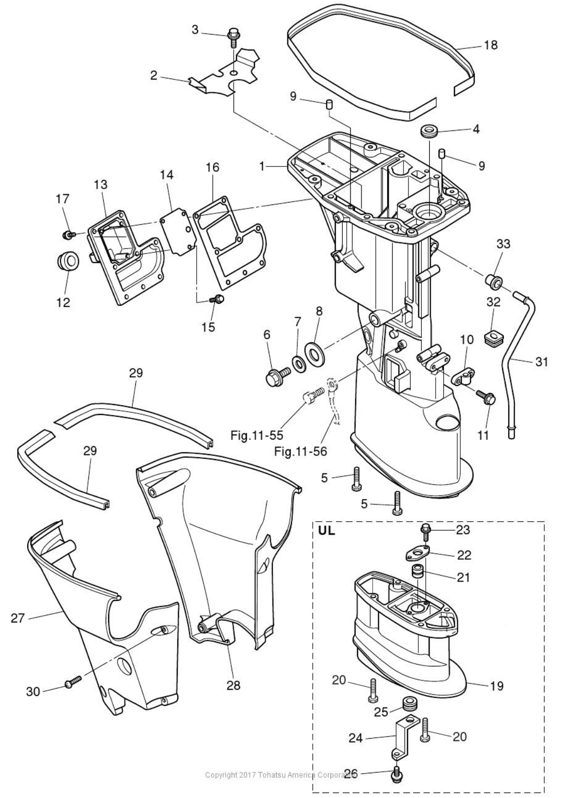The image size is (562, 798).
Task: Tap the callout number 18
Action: click(490, 45)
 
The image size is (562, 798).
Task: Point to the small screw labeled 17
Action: click(67, 234)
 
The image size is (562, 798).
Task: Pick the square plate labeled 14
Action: click(177, 234)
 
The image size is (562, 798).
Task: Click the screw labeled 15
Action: click(218, 298)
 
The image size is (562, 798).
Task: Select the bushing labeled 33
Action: click(493, 282)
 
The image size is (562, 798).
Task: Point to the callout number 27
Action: click(18, 618)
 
